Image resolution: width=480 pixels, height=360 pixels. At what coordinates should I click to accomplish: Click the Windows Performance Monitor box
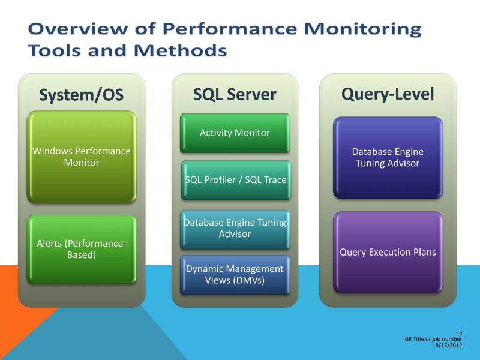tap(81, 157)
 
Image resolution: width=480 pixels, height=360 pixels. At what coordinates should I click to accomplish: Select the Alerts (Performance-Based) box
tap(81, 249)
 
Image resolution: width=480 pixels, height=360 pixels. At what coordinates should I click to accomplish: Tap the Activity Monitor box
tap(235, 133)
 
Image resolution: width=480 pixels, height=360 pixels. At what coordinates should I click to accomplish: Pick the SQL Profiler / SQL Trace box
tap(235, 180)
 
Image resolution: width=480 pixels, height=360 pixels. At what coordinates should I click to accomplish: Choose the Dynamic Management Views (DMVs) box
tap(235, 275)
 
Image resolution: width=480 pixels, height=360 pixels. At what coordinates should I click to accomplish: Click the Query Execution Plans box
tap(388, 252)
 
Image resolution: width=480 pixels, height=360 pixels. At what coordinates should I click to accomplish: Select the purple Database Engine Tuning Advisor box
tap(388, 157)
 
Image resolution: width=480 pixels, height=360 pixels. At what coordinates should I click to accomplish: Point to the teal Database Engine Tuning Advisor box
tap(235, 228)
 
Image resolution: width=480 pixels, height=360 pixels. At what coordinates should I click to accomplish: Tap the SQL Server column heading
tap(235, 94)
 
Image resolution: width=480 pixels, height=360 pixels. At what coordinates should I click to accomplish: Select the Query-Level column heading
tap(388, 94)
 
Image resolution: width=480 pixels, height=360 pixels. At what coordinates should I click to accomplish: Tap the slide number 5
tap(460, 332)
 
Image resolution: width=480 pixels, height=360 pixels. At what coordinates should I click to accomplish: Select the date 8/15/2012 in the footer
tap(448, 345)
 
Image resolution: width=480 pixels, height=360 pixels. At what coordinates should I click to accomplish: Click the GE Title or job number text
tap(433, 339)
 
